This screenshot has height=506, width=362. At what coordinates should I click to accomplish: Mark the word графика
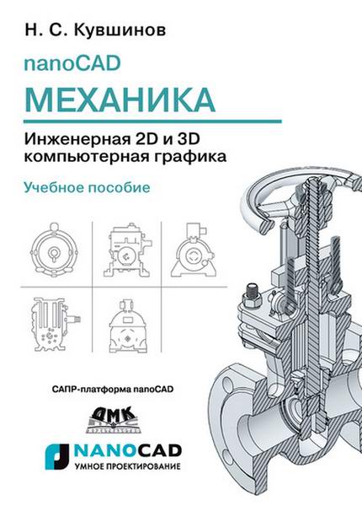tap(185, 156)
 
